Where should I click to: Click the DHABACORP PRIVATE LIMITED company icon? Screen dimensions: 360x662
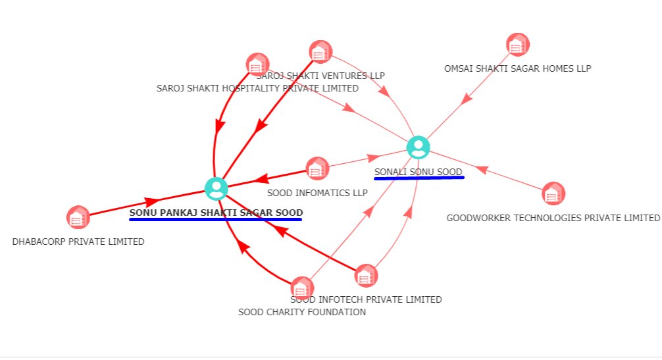[78, 217]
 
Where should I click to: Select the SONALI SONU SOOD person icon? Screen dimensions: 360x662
[419, 147]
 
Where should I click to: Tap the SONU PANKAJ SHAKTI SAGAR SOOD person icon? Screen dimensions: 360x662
[216, 188]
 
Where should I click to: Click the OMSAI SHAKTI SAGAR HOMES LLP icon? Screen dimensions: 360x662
[518, 45]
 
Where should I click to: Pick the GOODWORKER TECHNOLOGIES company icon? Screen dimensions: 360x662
[553, 193]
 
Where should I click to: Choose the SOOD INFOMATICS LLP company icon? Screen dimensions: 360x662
[317, 168]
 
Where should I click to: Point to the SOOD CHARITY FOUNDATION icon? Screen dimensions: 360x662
[302, 288]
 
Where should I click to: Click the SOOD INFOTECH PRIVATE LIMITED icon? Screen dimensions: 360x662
[366, 276]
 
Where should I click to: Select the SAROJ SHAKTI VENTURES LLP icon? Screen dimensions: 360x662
[320, 52]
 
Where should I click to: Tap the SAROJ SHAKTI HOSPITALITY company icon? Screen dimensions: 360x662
[257, 64]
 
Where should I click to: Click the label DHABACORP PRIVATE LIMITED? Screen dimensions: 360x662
[78, 242]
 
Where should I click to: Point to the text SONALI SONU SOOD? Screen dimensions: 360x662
[419, 172]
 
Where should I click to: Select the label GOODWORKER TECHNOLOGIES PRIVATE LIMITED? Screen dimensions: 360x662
[553, 218]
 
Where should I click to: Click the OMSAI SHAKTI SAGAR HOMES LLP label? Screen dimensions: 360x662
[518, 68]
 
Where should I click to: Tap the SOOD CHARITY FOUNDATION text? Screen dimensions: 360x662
[302, 312]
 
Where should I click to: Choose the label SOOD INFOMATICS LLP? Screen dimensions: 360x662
[317, 193]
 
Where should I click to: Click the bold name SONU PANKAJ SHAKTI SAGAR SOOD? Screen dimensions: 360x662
[216, 213]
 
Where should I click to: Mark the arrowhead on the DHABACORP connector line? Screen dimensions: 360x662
[151, 201]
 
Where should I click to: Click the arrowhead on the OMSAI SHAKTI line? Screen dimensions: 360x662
[466, 98]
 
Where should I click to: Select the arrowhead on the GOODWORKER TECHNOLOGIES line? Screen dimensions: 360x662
[482, 170]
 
